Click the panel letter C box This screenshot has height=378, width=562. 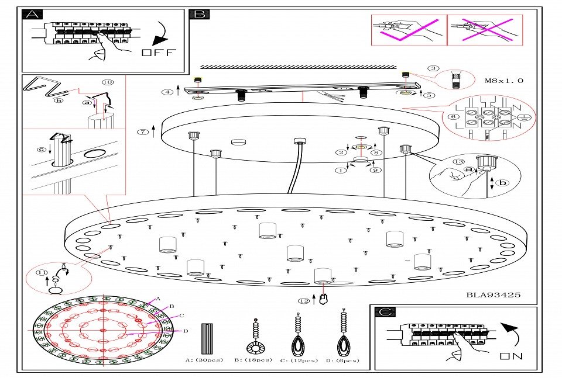pyautogui.click(x=384, y=313)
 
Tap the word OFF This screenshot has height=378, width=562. pyautogui.click(x=158, y=53)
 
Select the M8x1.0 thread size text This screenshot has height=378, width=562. pyautogui.click(x=504, y=81)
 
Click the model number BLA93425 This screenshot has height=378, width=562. pyautogui.click(x=493, y=295)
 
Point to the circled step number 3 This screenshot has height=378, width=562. pyautogui.click(x=433, y=68)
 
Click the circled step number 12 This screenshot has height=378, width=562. pyautogui.click(x=303, y=301)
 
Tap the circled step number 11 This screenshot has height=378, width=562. pyautogui.click(x=41, y=273)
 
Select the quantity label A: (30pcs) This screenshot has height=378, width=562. pyautogui.click(x=204, y=360)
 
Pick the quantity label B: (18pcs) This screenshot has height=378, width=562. pyautogui.click(x=253, y=360)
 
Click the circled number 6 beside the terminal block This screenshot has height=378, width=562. pyautogui.click(x=452, y=117)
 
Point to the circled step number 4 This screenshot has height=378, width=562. pyautogui.click(x=169, y=92)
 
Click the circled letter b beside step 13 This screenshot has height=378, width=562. pyautogui.click(x=502, y=182)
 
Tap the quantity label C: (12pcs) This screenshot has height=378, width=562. pyautogui.click(x=299, y=360)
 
